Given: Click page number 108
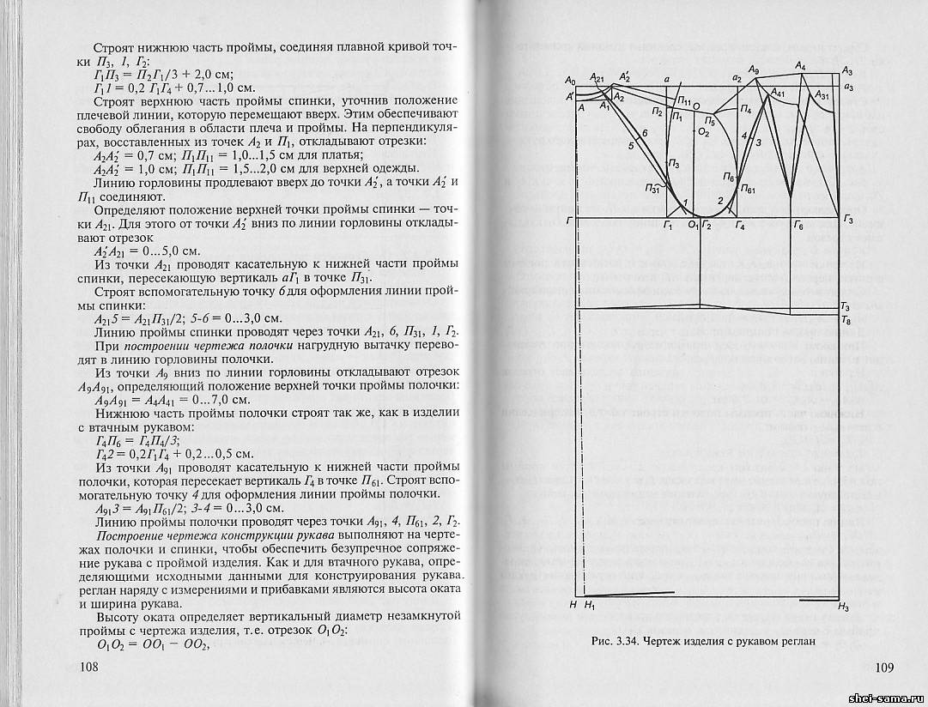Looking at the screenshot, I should [x=88, y=668].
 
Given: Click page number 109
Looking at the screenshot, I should [x=886, y=668].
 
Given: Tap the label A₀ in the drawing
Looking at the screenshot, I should [x=570, y=80].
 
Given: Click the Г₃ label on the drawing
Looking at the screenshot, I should [x=848, y=221].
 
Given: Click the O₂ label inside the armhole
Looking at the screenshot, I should [x=703, y=133].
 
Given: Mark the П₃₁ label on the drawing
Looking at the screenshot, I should [x=654, y=189].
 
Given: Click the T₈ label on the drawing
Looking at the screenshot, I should [x=846, y=320].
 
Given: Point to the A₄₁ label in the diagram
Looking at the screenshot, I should [x=779, y=93].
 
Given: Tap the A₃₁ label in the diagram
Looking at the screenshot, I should [x=822, y=97].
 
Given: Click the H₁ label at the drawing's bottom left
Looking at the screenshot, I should [x=589, y=606].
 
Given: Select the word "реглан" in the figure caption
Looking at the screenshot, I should [x=792, y=641].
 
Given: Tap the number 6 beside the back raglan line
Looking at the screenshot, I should [x=644, y=134].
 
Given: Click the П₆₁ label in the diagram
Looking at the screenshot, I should [x=746, y=189].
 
